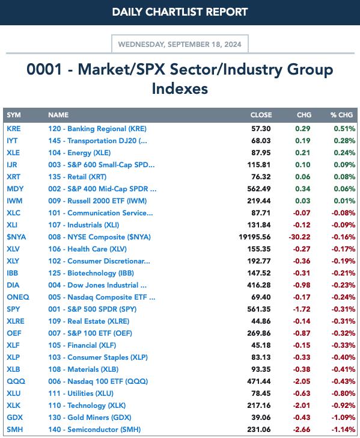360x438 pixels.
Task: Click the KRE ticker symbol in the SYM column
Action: [14, 129]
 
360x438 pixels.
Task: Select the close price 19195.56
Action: [254, 237]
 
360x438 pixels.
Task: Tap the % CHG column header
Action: [341, 115]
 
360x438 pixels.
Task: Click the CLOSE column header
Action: [261, 115]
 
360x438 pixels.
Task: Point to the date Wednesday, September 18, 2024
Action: [180, 45]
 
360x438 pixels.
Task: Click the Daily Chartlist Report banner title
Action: [180, 12]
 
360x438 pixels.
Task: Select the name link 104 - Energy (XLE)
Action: [79, 153]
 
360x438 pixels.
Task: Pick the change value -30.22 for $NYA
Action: [299, 237]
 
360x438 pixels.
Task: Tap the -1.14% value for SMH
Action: [343, 430]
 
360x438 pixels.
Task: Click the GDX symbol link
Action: [15, 418]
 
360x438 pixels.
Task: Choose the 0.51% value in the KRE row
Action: [344, 129]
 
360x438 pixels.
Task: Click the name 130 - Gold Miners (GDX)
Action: [90, 418]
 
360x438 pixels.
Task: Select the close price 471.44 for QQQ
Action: [259, 381]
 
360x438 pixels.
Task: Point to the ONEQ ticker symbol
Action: [18, 297]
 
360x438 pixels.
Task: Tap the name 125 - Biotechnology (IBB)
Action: [91, 273]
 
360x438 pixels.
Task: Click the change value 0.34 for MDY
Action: [303, 189]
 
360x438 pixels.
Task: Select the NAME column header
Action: [58, 115]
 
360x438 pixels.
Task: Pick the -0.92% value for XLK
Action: [343, 406]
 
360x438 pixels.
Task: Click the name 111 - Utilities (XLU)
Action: [81, 393]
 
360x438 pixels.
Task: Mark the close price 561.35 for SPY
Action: [259, 309]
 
